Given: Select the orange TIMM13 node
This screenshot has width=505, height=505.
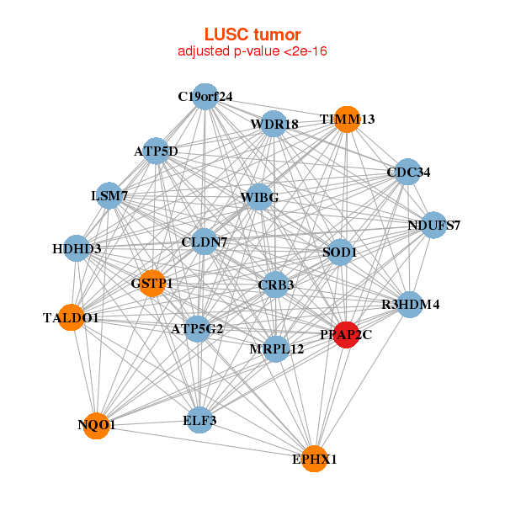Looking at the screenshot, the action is (x=347, y=119).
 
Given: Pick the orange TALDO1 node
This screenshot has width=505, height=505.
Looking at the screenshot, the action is (x=72, y=317).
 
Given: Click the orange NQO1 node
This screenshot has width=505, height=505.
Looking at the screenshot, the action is (x=97, y=426).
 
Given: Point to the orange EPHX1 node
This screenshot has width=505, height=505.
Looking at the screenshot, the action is (x=314, y=459).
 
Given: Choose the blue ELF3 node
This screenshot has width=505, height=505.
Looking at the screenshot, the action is (x=199, y=419).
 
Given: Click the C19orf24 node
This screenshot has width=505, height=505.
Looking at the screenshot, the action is (x=205, y=96).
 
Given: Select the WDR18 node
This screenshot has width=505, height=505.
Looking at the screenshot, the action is (x=274, y=125).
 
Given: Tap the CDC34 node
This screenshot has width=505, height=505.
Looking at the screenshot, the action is (x=408, y=172).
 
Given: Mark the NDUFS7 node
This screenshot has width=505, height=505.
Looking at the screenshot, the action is (x=434, y=225).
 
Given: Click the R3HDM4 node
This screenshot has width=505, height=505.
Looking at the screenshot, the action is (x=410, y=304).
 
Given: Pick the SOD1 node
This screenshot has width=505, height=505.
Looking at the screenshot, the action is (x=340, y=252).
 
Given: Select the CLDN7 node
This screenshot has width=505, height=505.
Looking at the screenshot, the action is (x=205, y=242).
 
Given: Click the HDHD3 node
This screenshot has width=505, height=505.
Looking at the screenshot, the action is (x=77, y=248).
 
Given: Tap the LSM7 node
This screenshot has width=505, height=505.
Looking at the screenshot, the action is (x=109, y=196).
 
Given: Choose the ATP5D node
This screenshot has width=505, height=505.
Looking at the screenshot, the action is (x=156, y=151).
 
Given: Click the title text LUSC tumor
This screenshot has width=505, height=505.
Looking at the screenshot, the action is (x=252, y=35).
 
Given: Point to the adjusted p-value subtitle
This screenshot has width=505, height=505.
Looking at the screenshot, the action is (x=252, y=51).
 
